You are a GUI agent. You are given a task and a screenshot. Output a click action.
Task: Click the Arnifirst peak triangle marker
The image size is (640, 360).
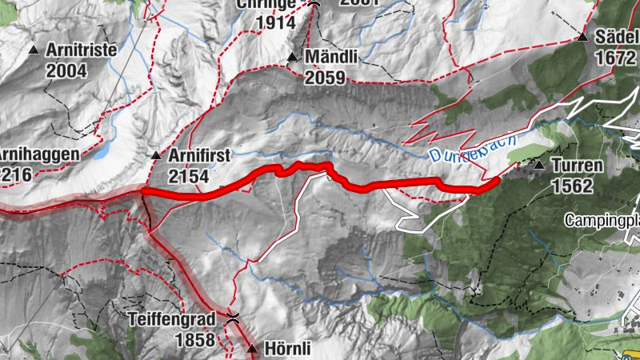156,154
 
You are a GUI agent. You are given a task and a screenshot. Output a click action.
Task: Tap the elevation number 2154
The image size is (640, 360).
189,176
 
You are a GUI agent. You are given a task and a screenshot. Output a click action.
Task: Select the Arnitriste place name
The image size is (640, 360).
82,50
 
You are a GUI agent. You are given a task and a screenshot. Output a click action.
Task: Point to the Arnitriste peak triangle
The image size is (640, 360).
34,50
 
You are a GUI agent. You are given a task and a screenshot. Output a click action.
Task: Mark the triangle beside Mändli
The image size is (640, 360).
293,58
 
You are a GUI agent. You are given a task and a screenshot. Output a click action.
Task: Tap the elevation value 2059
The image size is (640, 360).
325,78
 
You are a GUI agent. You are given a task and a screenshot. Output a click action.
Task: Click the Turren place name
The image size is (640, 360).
576,166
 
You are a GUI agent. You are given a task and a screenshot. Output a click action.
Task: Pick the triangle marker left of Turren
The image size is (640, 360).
539,166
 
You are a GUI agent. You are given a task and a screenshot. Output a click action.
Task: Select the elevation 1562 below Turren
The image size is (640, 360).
572,186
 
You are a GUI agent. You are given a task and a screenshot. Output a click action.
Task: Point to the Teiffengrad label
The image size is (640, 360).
172,319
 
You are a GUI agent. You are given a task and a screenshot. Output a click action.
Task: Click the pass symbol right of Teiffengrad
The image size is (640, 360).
233,318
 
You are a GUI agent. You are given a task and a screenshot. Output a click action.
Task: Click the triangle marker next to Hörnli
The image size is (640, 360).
253,349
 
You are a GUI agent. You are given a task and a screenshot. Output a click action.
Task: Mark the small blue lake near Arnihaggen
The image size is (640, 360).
101,152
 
